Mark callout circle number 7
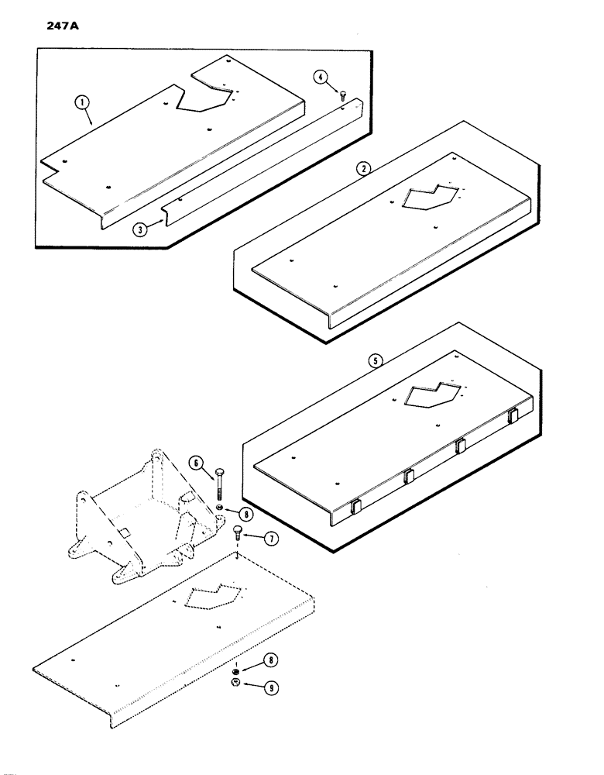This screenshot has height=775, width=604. coord(270,537)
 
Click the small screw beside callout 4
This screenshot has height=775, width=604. coord(341,94)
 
